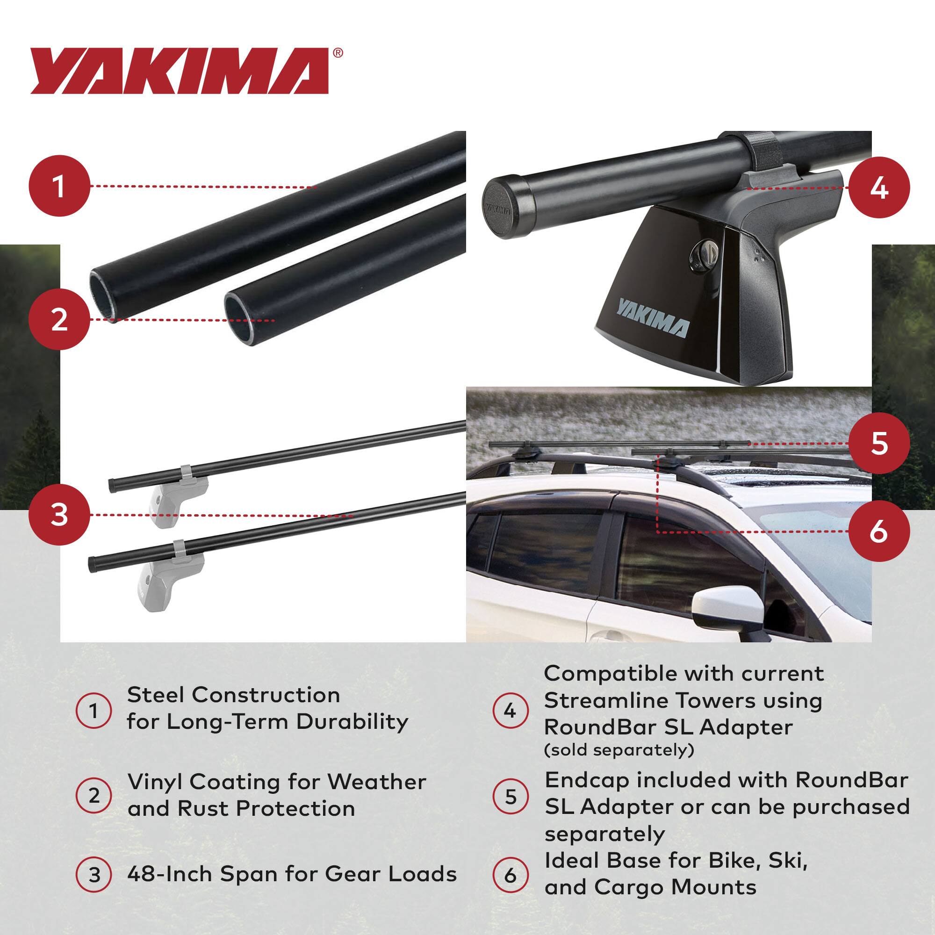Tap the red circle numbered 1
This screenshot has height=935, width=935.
pos(59,187)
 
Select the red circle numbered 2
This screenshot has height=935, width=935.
pos(59,320)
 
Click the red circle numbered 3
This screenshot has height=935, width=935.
pos(59,515)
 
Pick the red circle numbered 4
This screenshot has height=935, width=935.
pos(878,187)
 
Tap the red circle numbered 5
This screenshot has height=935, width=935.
pos(878,442)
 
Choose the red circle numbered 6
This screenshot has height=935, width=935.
pos(878,531)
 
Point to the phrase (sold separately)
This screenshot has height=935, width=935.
pos(619,750)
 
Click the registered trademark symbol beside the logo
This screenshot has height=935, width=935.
pos(338,52)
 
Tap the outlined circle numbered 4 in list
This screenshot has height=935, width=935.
pos(510,711)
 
